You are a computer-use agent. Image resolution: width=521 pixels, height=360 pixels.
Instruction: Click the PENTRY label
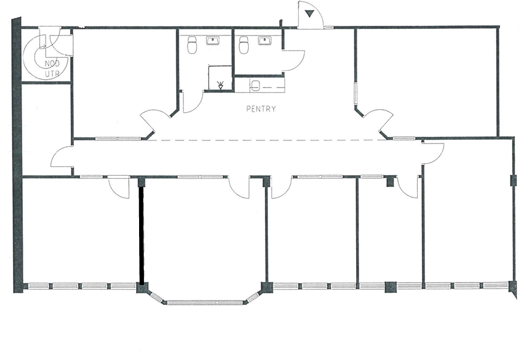pos(261,109)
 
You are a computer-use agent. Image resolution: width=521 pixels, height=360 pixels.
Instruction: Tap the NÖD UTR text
pos(52,68)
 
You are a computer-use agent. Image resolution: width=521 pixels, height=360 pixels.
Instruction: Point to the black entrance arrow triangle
pos(310,14)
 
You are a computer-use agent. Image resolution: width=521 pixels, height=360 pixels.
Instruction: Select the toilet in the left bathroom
pos(192,44)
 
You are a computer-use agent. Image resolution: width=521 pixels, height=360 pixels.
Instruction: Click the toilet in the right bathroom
pos(243,44)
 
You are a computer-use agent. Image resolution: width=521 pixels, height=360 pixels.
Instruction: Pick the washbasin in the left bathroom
pos(212,41)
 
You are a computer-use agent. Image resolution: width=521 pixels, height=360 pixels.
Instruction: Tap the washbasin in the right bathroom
pos(265,41)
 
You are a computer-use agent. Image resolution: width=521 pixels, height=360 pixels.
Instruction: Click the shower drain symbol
pos(221,85)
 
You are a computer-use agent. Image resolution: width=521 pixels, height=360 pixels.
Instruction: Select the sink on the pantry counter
pos(255,85)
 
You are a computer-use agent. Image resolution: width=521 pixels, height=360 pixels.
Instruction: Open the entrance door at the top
pos(311,15)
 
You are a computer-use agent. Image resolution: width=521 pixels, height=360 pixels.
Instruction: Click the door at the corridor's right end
pos(433,153)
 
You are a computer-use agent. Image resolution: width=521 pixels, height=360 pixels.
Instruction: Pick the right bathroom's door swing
pos(294,61)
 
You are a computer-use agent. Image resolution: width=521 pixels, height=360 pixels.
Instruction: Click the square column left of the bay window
pos(141,287)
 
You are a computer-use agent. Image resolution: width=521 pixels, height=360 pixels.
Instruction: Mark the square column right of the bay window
pos(267,287)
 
